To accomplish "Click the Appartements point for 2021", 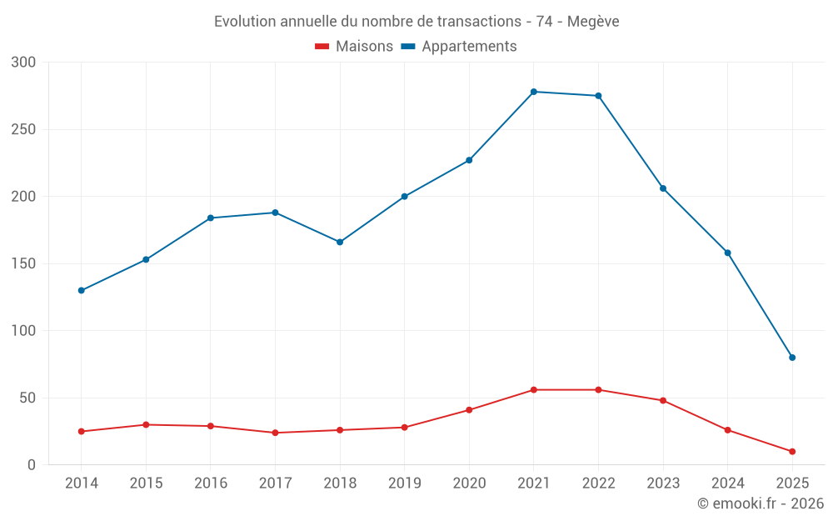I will pyautogui.click(x=534, y=92).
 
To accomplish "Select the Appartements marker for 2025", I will pyautogui.click(x=792, y=358).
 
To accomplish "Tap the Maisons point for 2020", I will pyautogui.click(x=469, y=410).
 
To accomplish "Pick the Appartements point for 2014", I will pyautogui.click(x=82, y=291).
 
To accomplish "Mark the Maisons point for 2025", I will pyautogui.click(x=792, y=452).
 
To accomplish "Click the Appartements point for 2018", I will pyautogui.click(x=340, y=243).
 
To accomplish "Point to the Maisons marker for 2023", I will pyautogui.click(x=663, y=401).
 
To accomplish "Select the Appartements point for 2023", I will pyautogui.click(x=663, y=188).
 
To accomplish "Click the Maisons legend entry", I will pyautogui.click(x=354, y=47).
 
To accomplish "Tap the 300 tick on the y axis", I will pyautogui.click(x=24, y=63).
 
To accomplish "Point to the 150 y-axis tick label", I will pyautogui.click(x=24, y=264).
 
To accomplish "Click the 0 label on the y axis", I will pyautogui.click(x=32, y=465).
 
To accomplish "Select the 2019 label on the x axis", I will pyautogui.click(x=405, y=483).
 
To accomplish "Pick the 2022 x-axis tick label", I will pyautogui.click(x=598, y=483).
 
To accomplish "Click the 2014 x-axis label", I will pyautogui.click(x=82, y=483).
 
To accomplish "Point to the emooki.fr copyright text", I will pyautogui.click(x=761, y=503).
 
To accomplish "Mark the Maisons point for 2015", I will pyautogui.click(x=146, y=425).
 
